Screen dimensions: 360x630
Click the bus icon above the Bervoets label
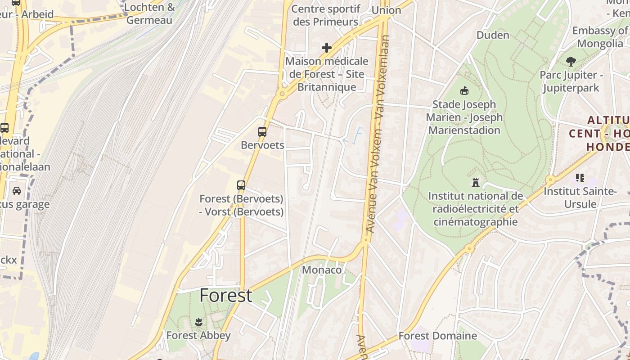(x=262, y=132)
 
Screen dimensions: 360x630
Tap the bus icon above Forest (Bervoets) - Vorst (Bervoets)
(x=241, y=185)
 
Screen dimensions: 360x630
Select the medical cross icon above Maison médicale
(x=327, y=48)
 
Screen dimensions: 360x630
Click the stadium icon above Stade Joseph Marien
(x=464, y=91)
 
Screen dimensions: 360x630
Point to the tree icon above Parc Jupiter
(x=571, y=62)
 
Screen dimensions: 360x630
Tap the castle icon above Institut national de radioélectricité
(x=475, y=183)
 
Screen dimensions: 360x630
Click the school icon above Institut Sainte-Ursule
(x=580, y=178)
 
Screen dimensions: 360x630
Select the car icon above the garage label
(x=17, y=191)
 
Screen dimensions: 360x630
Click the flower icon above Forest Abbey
(x=198, y=322)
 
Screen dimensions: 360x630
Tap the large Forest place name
(x=226, y=296)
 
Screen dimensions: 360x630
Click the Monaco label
(x=322, y=270)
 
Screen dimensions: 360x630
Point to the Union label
(x=386, y=10)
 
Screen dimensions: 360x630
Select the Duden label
(x=493, y=35)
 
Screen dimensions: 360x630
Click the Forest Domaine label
(x=437, y=336)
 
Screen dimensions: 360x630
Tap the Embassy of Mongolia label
(x=600, y=37)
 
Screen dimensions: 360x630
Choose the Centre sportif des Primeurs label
(x=326, y=15)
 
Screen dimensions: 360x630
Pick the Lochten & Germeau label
(x=149, y=13)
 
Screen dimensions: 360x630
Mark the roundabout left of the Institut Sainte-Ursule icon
(x=550, y=179)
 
